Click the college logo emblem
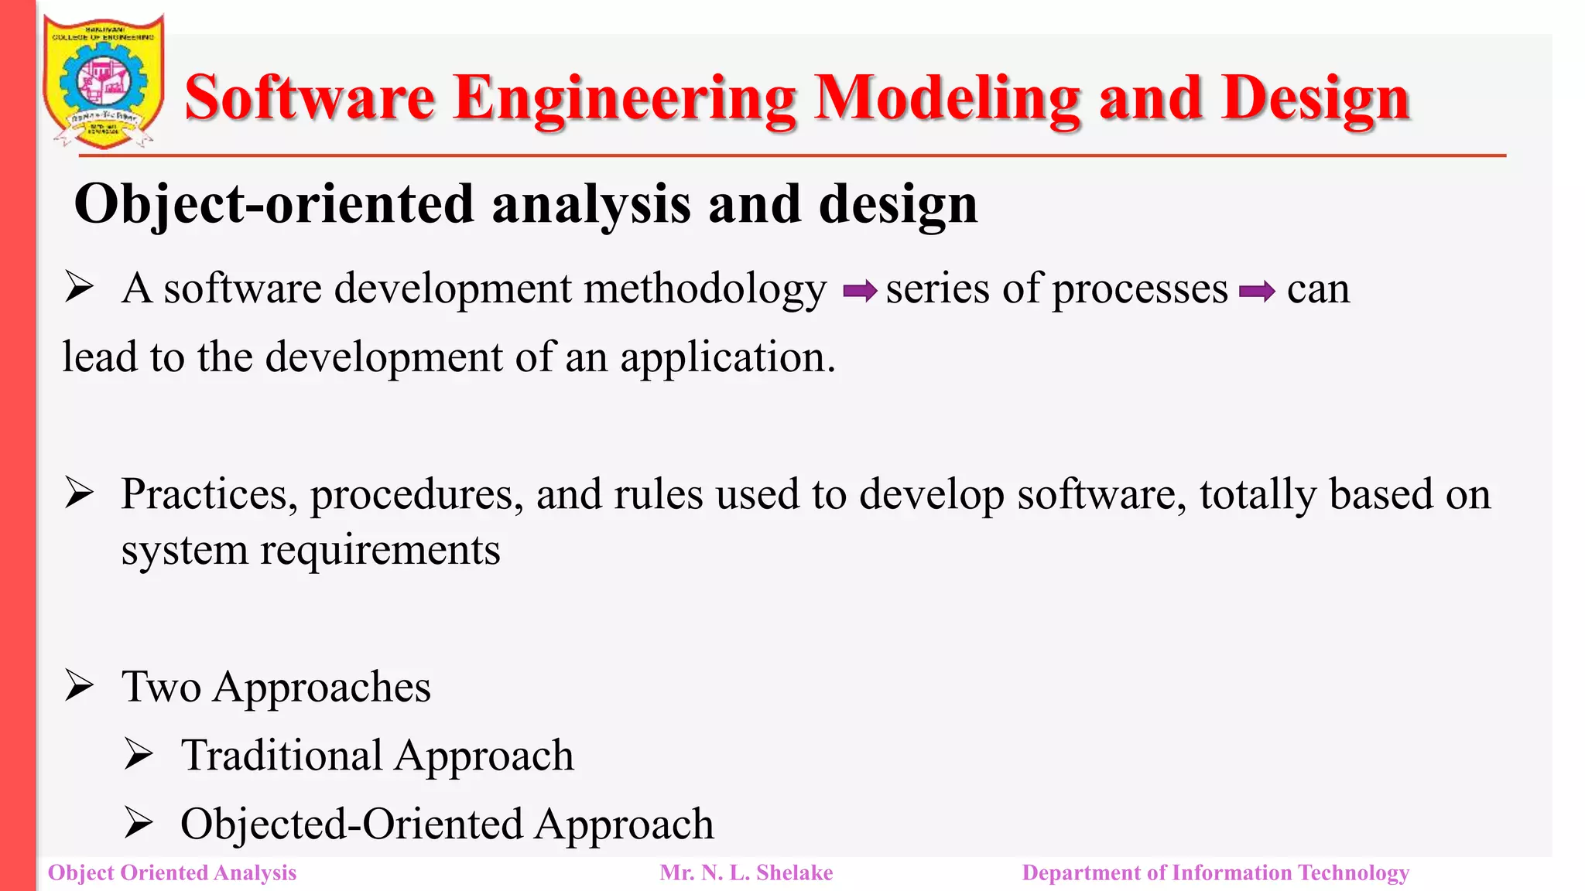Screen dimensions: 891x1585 103,82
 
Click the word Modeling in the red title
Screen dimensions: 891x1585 947,98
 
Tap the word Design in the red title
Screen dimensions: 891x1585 1316,98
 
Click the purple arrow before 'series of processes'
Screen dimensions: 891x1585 859,292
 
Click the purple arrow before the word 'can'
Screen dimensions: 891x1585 1257,292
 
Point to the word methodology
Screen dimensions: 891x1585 705,289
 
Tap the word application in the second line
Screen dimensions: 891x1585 727,358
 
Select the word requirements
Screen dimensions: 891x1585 380,551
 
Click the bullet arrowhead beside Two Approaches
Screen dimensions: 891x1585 80,685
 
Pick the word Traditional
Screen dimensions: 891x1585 282,756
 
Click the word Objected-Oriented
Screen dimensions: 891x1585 351,824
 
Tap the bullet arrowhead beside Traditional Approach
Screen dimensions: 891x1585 139,754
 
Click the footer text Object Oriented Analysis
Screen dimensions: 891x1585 172,872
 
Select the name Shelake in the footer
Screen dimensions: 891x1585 794,872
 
